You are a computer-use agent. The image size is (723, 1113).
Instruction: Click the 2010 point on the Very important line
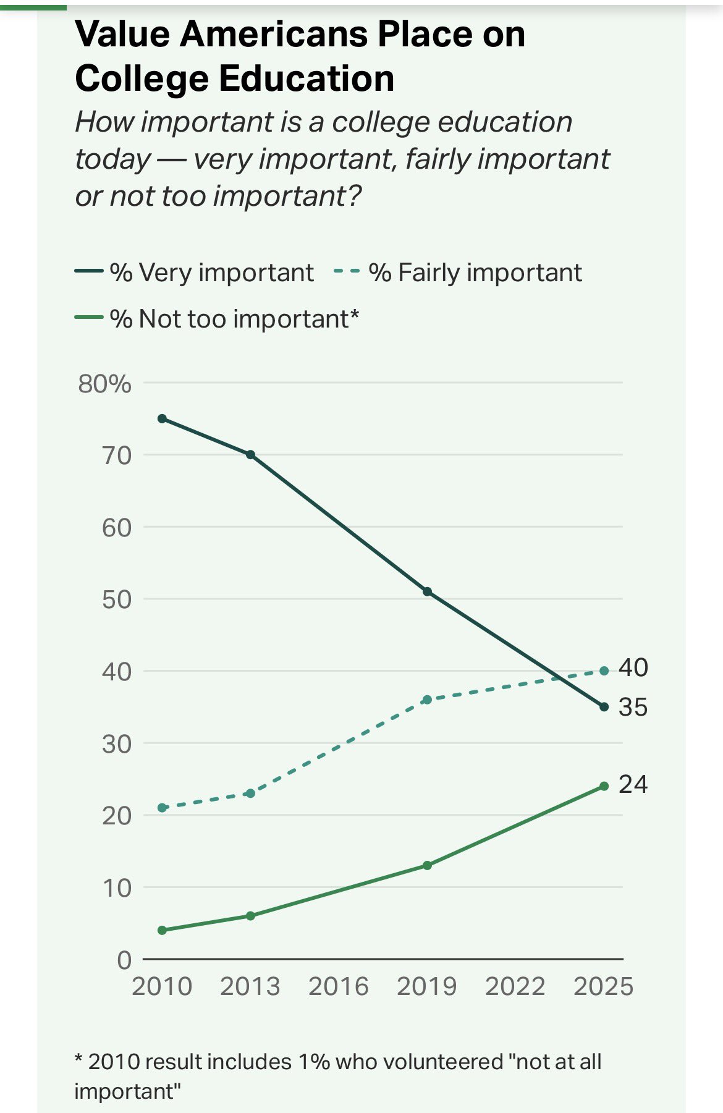coord(163,418)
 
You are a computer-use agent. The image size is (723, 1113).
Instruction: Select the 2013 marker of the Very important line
coord(250,455)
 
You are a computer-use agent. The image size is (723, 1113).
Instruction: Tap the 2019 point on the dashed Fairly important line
coord(427,700)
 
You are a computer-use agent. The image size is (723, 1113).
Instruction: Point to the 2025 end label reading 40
coord(633,667)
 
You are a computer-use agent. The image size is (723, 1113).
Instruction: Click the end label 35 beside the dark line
coord(633,707)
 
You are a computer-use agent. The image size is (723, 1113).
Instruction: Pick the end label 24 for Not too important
coord(633,784)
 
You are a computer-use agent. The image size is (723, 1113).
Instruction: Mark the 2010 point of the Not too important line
coord(163,930)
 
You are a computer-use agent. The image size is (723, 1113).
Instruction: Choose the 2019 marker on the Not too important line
coord(427,865)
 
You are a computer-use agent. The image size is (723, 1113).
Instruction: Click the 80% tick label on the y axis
coord(104,384)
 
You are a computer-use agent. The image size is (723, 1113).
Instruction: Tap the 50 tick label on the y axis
coord(117,599)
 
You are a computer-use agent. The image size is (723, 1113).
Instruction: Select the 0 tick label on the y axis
coord(124,960)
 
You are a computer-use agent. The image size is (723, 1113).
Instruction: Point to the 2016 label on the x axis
coord(339,986)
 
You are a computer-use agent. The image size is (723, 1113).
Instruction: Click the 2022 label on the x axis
coord(515,986)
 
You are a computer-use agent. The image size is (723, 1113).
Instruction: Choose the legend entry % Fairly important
coord(475,273)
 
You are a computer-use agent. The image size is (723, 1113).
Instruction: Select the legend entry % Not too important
coord(234,319)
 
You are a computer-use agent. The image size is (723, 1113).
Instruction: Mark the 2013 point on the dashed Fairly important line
coord(250,793)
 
